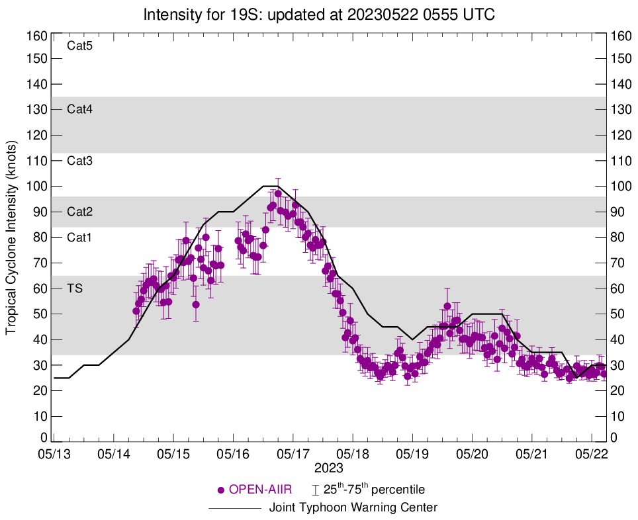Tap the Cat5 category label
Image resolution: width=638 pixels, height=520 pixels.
80,46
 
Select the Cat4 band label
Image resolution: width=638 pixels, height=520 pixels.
80,110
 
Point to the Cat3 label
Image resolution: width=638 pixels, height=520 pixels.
80,161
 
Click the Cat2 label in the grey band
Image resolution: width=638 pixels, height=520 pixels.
80,212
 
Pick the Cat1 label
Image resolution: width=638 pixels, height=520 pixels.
80,238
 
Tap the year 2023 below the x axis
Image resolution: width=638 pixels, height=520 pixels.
328,468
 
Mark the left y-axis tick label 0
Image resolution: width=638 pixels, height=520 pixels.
44,438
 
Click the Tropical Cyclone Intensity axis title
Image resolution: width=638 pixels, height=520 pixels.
12,236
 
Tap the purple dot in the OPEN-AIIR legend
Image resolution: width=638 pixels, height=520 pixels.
222,490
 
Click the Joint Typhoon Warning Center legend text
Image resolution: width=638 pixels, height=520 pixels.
353,508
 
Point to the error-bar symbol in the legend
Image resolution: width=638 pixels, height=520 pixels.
316,490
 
